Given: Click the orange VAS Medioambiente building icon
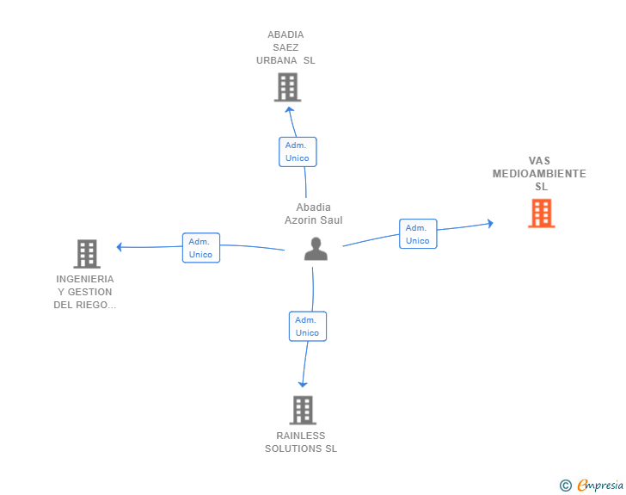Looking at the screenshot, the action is click(542, 213).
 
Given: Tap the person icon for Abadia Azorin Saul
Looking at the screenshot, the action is click(316, 249).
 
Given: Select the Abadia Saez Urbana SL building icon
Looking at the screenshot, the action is click(287, 87).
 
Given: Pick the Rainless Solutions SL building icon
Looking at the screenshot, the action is click(303, 410).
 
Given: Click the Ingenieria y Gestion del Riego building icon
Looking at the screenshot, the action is click(87, 253).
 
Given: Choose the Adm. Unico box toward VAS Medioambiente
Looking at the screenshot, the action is click(418, 234).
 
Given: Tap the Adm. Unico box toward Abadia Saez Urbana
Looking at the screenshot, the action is click(298, 152).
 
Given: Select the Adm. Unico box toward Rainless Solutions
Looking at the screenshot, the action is click(308, 326).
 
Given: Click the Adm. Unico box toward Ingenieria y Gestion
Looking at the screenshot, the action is click(201, 248).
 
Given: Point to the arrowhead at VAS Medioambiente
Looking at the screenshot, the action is click(491, 224).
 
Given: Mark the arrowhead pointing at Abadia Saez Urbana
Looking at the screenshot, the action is click(290, 109).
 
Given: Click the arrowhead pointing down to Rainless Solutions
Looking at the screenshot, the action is click(303, 385).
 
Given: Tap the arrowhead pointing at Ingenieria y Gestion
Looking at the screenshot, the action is click(119, 247).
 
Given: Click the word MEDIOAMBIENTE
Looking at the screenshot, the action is click(539, 174).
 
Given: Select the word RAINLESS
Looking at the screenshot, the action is click(301, 436).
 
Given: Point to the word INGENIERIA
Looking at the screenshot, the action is click(85, 279).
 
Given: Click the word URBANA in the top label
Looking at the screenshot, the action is click(277, 60).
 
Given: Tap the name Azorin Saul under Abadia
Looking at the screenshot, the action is click(313, 220).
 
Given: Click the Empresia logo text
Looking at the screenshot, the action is click(600, 486).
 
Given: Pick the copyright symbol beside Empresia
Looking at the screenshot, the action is click(566, 486).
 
